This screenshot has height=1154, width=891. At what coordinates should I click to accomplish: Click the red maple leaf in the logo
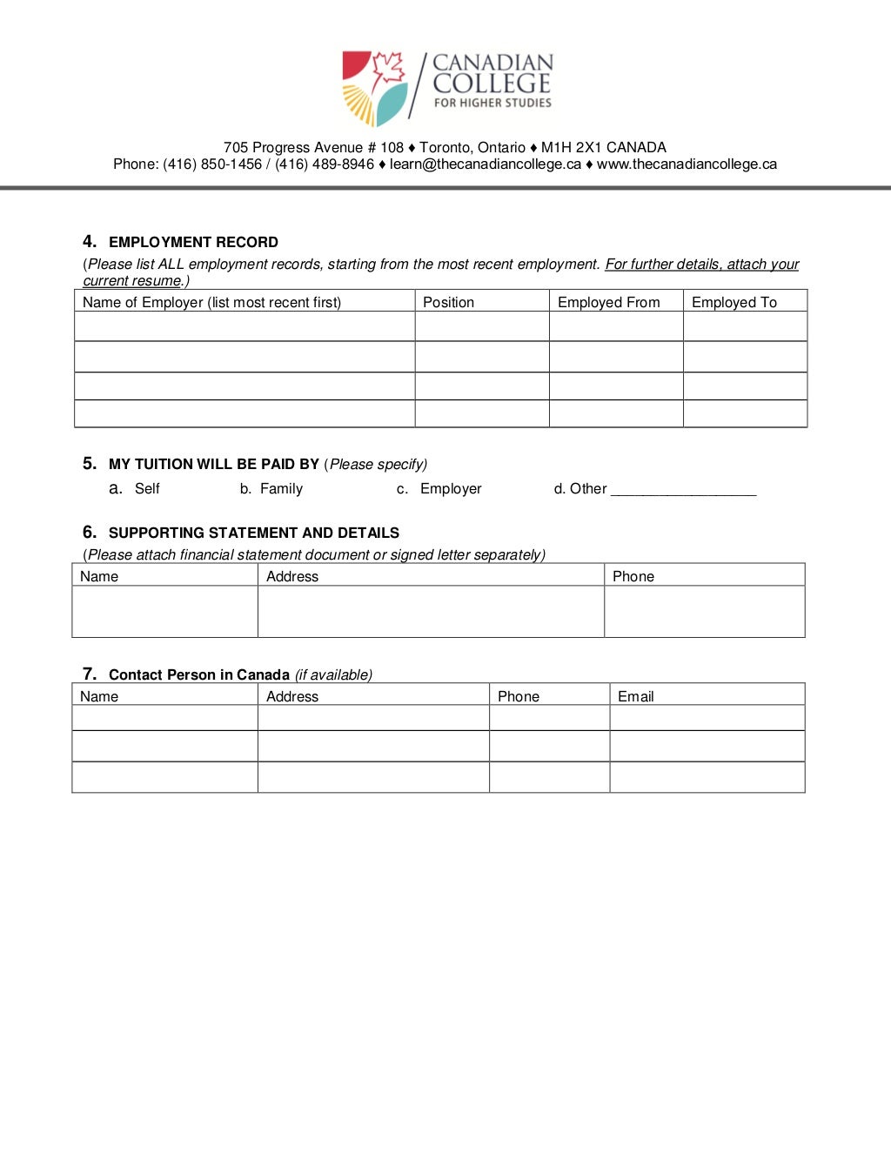(x=388, y=70)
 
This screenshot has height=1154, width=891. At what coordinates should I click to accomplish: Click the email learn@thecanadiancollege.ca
(x=485, y=164)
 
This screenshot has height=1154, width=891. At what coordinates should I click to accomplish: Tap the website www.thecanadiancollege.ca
(x=687, y=164)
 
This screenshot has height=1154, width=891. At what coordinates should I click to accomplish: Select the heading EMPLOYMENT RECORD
(x=193, y=243)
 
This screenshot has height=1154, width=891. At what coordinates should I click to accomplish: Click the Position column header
(x=448, y=302)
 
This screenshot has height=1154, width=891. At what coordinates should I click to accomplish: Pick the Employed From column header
(x=608, y=302)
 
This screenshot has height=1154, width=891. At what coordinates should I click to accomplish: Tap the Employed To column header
(x=734, y=302)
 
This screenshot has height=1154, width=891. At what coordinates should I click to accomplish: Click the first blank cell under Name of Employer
(x=245, y=326)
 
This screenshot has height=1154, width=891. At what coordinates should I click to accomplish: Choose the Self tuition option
(x=147, y=489)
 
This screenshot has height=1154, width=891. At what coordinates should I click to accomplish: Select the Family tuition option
(x=281, y=489)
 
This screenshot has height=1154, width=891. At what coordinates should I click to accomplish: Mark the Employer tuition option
(x=450, y=489)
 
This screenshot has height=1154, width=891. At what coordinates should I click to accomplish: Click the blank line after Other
(x=683, y=490)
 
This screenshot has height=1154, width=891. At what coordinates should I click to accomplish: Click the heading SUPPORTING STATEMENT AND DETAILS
(x=253, y=533)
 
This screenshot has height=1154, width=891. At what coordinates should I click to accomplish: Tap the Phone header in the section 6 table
(x=633, y=576)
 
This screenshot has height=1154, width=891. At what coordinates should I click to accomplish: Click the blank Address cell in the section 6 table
(x=431, y=611)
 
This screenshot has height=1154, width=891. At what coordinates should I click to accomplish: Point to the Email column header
(x=635, y=696)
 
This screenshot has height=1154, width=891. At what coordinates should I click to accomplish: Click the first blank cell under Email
(x=707, y=718)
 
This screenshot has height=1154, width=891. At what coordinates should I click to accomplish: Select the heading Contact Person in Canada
(x=198, y=675)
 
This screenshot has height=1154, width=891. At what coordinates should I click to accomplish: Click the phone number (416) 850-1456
(x=212, y=164)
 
